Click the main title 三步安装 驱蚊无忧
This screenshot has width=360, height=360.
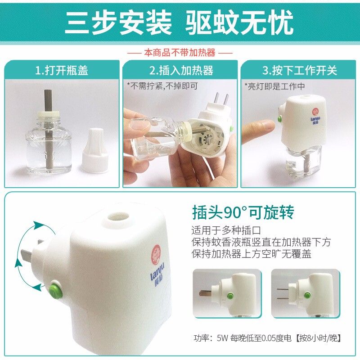tap(179, 22)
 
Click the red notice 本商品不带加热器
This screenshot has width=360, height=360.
tap(180, 53)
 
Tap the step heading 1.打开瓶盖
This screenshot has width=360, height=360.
tap(62, 70)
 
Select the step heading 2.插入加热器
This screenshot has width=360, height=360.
tap(181, 70)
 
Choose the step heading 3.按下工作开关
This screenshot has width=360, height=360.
tap(300, 70)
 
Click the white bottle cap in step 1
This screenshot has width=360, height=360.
tap(95, 150)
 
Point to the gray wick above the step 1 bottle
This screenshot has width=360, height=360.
tap(48, 100)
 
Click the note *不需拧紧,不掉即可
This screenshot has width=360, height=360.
tap(162, 86)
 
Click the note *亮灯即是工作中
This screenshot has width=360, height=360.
tap(274, 86)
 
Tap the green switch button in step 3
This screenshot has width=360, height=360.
tap(280, 119)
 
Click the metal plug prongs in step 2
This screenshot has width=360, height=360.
tap(221, 99)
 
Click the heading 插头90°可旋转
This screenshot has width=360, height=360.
tap(243, 212)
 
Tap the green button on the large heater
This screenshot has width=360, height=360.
tap(56, 290)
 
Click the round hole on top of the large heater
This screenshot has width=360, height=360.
tap(118, 216)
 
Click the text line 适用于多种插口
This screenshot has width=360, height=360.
tap(226, 230)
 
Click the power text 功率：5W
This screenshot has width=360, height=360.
tap(211, 338)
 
